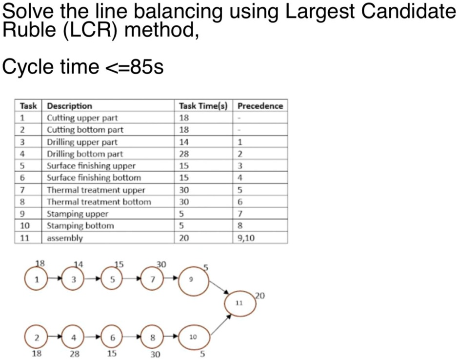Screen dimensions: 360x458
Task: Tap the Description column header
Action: click(69, 106)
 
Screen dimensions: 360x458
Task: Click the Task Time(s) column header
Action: click(203, 106)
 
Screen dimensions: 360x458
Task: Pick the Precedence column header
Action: click(260, 106)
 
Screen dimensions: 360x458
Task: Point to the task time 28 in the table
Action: click(184, 154)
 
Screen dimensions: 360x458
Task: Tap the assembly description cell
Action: click(65, 238)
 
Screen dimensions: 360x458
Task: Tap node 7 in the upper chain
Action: click(153, 280)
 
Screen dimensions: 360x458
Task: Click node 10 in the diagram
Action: click(194, 337)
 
